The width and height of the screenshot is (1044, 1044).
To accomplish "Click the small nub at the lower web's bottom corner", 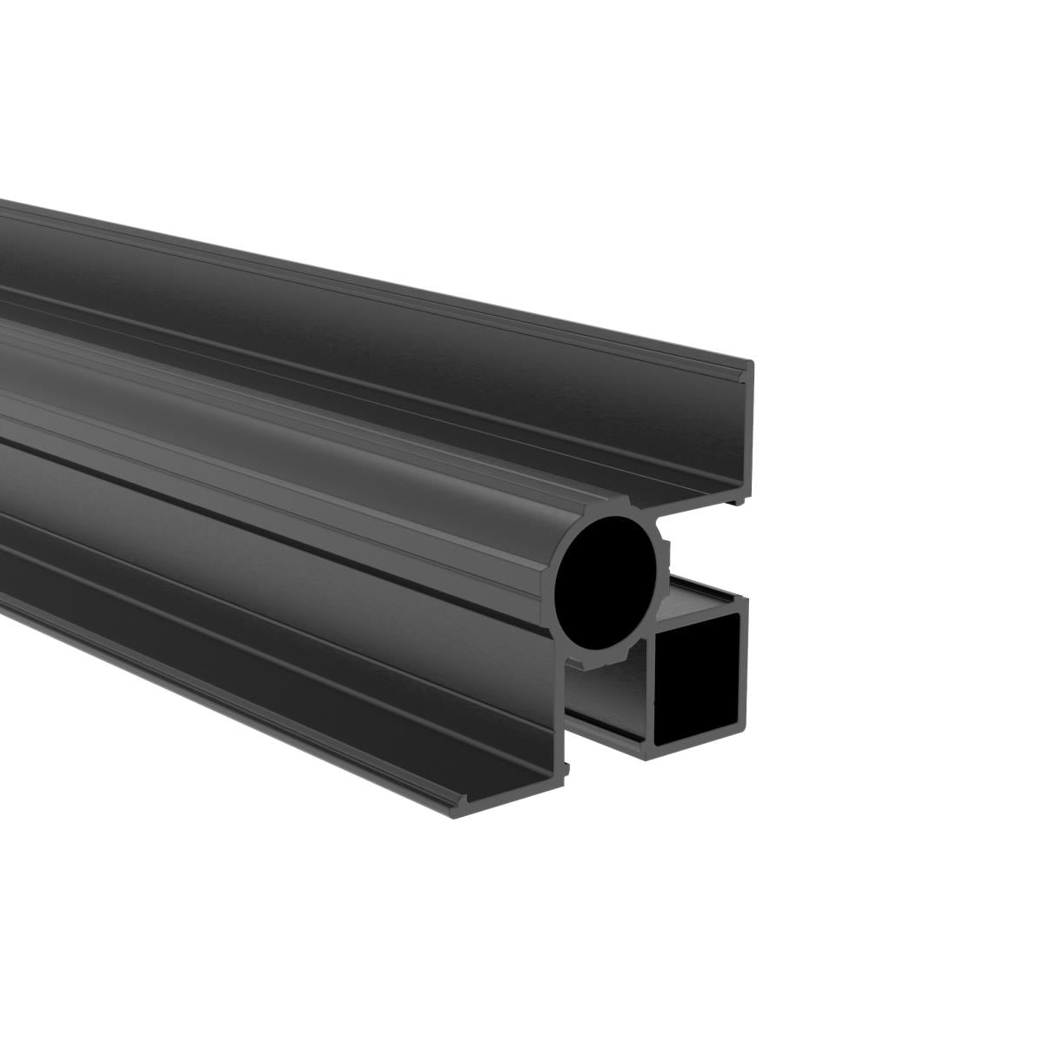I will tap(567, 769).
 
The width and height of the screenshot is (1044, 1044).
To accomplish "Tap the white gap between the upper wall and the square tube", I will tap(713, 548).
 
